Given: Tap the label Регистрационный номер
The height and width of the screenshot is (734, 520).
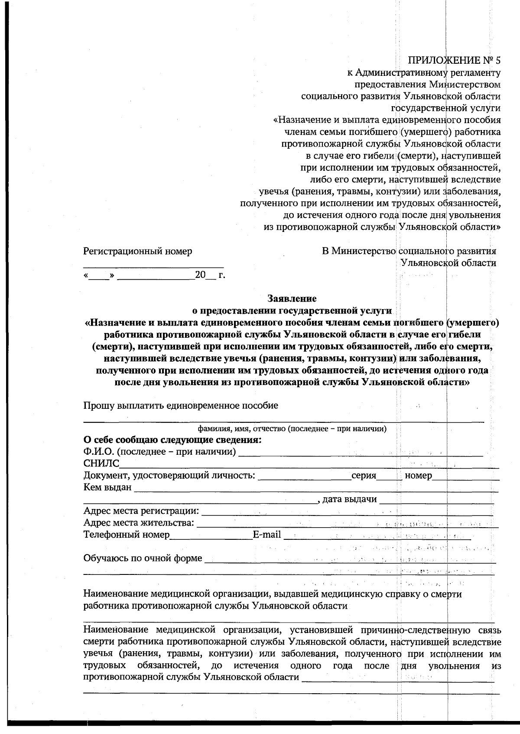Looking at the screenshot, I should [x=138, y=251].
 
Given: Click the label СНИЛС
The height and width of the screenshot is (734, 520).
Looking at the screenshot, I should [x=101, y=464].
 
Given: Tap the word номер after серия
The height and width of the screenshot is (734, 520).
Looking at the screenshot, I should [x=418, y=476].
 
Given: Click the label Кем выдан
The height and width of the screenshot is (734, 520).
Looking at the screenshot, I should [x=107, y=487].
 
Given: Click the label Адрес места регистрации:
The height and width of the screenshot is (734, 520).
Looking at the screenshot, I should [x=141, y=511].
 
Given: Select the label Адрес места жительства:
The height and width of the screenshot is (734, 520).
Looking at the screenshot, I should [x=139, y=523].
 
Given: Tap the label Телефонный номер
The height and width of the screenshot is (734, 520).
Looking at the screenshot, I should [x=127, y=535].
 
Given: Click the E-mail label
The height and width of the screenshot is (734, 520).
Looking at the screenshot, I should [x=267, y=535].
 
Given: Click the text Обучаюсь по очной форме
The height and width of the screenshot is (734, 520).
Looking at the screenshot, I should [x=143, y=558].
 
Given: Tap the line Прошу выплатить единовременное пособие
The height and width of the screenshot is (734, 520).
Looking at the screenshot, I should [x=181, y=406].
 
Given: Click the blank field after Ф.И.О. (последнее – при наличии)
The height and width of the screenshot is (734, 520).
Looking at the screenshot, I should [x=360, y=453].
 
